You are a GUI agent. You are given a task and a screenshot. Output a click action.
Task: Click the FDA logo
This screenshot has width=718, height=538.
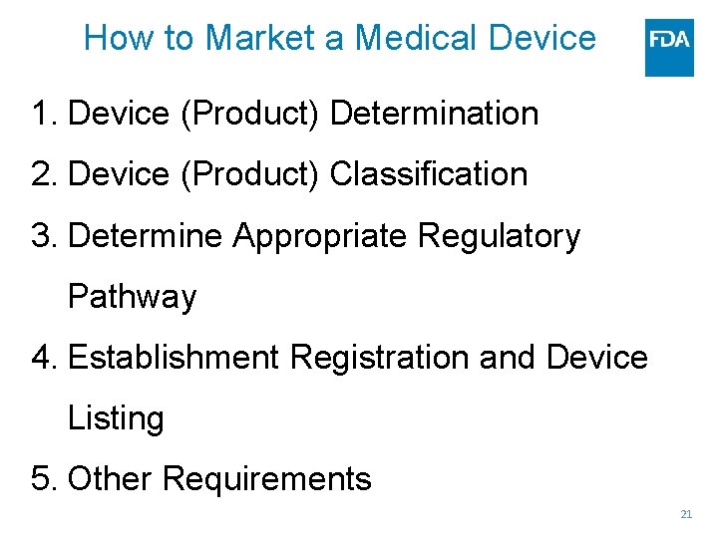(x=669, y=47)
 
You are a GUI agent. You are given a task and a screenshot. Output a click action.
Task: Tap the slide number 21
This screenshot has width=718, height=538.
(x=685, y=514)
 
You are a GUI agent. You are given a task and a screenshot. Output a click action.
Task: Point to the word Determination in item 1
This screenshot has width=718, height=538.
(x=434, y=114)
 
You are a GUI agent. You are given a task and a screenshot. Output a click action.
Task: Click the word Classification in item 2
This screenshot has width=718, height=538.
(x=428, y=174)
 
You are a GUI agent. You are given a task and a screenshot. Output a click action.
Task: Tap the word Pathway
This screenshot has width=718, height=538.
(x=132, y=297)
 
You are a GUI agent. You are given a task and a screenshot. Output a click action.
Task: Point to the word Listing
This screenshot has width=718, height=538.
(x=116, y=418)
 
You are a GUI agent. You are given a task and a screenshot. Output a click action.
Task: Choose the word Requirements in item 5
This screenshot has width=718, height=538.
(x=266, y=479)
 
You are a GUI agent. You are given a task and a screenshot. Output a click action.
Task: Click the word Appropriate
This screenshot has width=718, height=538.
(x=321, y=236)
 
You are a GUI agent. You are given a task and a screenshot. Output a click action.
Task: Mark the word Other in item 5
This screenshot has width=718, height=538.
(x=110, y=479)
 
